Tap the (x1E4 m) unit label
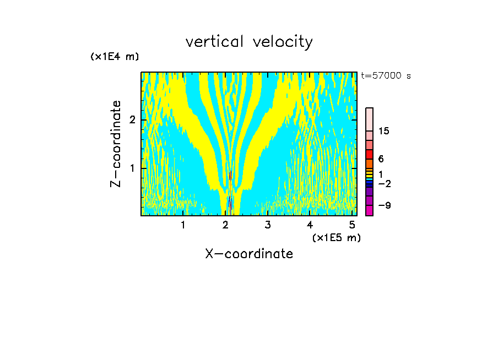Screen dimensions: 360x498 point(115,57)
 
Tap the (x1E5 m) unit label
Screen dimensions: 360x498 point(336,237)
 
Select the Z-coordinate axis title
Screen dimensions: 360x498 point(116,144)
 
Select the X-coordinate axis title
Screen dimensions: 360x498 point(249,254)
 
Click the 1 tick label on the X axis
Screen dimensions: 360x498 point(183,225)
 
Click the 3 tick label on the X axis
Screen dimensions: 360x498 point(268,225)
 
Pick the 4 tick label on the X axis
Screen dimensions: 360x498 point(310,225)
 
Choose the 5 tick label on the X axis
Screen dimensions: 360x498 point(352,225)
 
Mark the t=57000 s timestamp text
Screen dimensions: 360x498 point(386,76)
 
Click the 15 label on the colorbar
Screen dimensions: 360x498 point(384,131)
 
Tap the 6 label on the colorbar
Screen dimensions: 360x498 point(381,159)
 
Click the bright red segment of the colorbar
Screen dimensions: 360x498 point(369,154)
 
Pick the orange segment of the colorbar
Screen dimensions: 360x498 point(369,163)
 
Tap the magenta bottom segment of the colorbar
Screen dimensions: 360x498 point(369,210)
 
